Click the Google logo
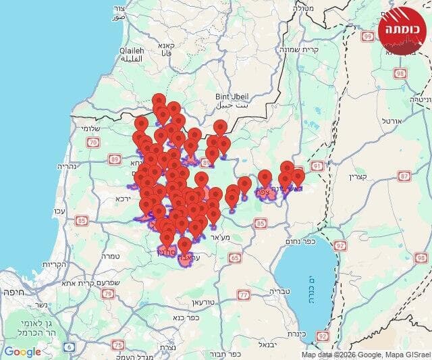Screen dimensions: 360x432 pos(22,351)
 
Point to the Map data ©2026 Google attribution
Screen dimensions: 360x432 pos(364,355)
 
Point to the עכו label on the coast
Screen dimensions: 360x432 pos(60,213)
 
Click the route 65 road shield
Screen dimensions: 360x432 pos(235,257)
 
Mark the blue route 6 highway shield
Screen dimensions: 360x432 pos(70,346)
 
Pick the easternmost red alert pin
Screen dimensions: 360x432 pos(298,177)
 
